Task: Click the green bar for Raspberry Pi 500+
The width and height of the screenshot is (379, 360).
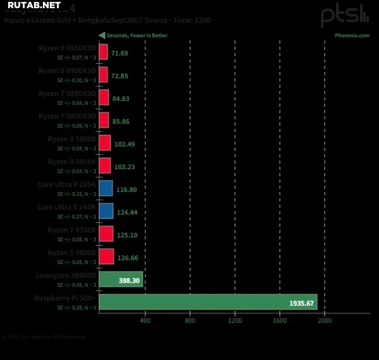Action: pos(208,303)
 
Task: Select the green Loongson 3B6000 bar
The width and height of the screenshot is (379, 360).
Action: pos(121,279)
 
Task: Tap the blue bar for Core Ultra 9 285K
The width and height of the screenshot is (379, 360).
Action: pos(106,188)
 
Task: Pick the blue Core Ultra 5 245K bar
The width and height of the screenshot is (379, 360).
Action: pos(106,211)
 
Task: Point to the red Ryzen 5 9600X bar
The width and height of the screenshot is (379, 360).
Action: pos(106,256)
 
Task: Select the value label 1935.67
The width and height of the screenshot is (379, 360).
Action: pos(301,303)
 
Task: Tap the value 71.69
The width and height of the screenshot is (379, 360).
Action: pos(119,53)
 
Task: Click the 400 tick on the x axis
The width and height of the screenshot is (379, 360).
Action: pos(145,321)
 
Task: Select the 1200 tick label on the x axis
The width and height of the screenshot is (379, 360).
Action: pos(234,321)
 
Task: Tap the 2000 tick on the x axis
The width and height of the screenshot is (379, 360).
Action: pos(324,321)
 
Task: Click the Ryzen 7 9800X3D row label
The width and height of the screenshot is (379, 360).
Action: pos(67,116)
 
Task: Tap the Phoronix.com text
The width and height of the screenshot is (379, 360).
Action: pos(352,35)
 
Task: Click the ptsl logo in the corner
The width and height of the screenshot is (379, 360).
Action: pos(345,15)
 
